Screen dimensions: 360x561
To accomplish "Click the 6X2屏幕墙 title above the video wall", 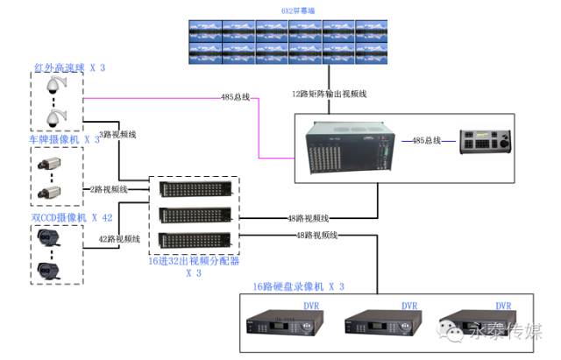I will click(273, 10).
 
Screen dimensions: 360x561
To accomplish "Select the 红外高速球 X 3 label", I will click(70, 67).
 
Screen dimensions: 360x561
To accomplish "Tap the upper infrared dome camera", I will click(57, 85).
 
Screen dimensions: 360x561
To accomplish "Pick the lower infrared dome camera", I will click(57, 117).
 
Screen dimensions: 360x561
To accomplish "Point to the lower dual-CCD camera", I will click(50, 270).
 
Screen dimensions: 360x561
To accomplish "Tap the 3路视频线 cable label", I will click(117, 135).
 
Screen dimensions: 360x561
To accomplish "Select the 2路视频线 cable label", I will click(109, 189).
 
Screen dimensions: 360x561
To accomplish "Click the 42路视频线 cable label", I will click(120, 237).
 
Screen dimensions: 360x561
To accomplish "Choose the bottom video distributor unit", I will click(195, 239).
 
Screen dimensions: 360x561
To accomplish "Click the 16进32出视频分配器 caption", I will click(194, 260).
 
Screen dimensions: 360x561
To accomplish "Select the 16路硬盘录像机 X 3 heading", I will click(299, 286).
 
